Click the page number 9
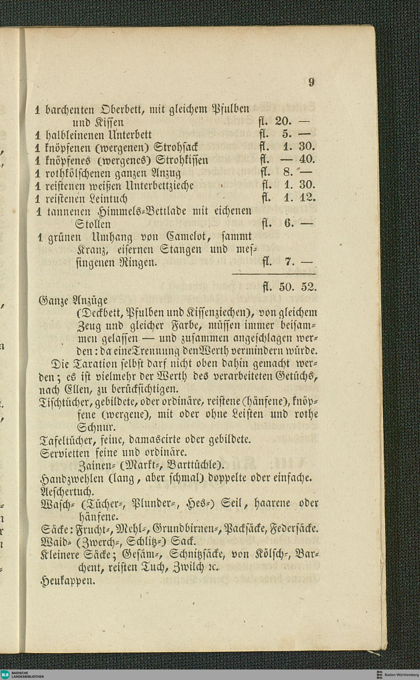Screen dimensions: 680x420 [311, 82]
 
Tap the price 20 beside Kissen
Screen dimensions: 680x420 [282, 122]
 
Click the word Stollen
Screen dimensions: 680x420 [93, 224]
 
